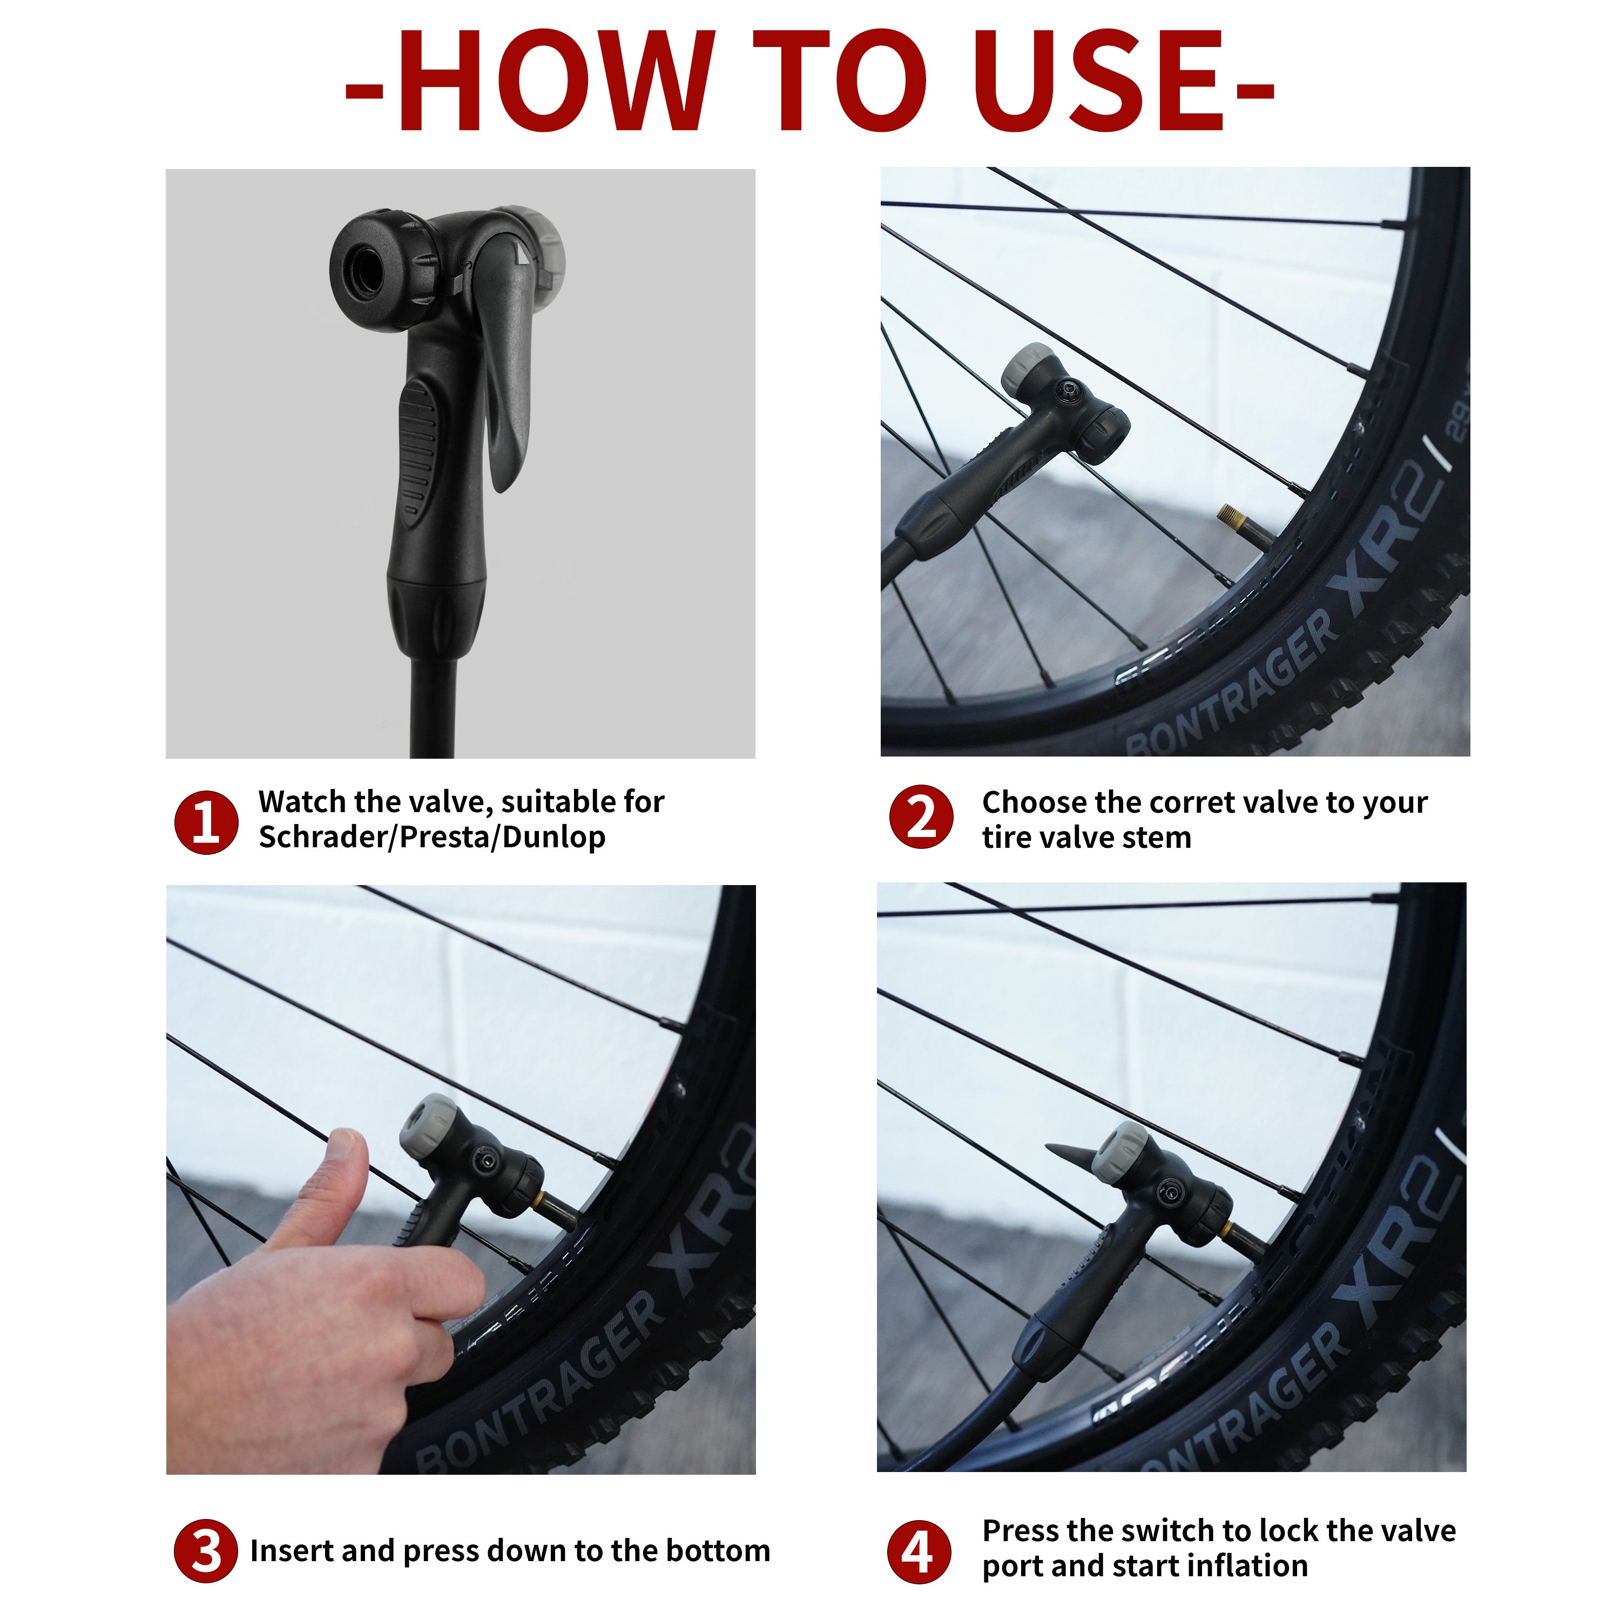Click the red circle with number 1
click(205, 822)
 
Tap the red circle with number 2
click(921, 818)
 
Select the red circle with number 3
click(205, 1551)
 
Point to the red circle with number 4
click(919, 1552)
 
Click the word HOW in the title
click(554, 82)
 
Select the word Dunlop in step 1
click(553, 837)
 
